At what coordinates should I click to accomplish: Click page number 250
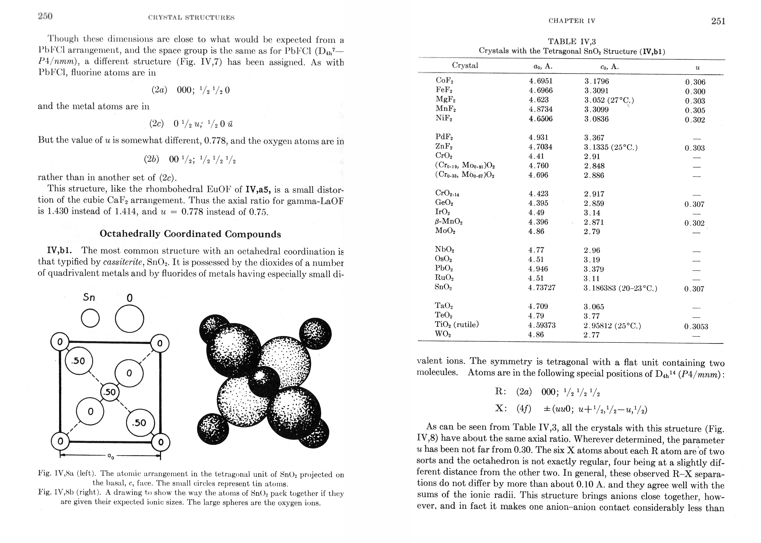click(45, 16)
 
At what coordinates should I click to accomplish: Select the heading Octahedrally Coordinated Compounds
click(190, 234)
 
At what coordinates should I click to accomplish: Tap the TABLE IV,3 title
click(572, 42)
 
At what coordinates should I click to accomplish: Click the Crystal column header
click(465, 65)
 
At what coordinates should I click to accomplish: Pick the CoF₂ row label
click(445, 81)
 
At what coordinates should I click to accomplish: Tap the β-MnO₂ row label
click(448, 222)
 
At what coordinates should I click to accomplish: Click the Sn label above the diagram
click(89, 297)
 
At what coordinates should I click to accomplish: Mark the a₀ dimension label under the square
click(110, 456)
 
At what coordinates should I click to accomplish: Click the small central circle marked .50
click(110, 392)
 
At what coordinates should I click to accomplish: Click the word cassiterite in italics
click(124, 262)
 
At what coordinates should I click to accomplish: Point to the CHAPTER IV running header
click(572, 21)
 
